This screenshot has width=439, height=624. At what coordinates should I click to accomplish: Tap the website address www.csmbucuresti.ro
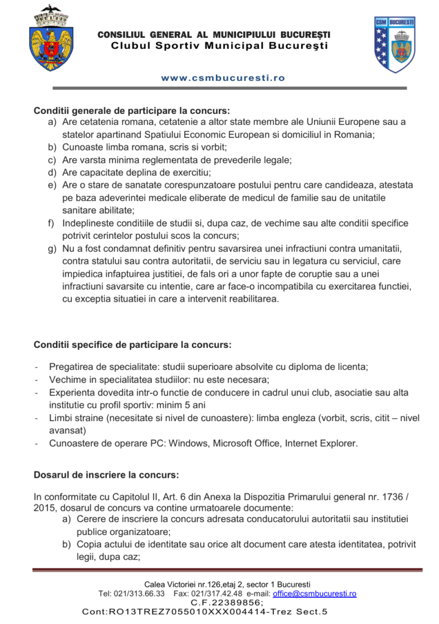(x=223, y=78)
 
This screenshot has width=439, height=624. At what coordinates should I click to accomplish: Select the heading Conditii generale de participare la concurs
(x=132, y=110)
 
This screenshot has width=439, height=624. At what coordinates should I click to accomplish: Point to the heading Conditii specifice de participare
(x=132, y=345)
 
